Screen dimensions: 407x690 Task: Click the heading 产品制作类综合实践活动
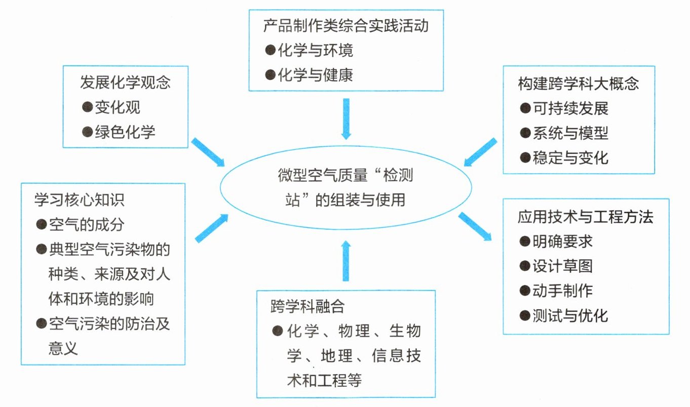[x=346, y=25]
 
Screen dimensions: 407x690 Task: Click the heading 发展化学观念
[x=125, y=82]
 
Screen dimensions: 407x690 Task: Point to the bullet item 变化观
[x=118, y=107]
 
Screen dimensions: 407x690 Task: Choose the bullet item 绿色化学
[x=125, y=132]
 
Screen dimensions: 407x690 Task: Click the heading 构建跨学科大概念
[x=578, y=84]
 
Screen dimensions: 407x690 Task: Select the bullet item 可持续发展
[x=570, y=108]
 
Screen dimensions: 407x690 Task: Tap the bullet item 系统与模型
[x=570, y=133]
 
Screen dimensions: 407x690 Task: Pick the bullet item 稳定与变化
[x=570, y=157]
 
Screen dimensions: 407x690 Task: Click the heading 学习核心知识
[x=80, y=199]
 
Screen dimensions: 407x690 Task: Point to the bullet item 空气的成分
[x=87, y=224]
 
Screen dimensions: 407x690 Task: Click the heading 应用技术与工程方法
[x=585, y=217]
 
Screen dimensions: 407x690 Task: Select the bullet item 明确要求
[x=562, y=241]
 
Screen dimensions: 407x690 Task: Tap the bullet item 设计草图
[x=562, y=266]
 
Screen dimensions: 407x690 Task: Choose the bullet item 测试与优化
[x=570, y=315]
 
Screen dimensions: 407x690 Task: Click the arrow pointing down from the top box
[x=346, y=118]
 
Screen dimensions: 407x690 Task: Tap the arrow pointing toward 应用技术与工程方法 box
[x=475, y=226]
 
